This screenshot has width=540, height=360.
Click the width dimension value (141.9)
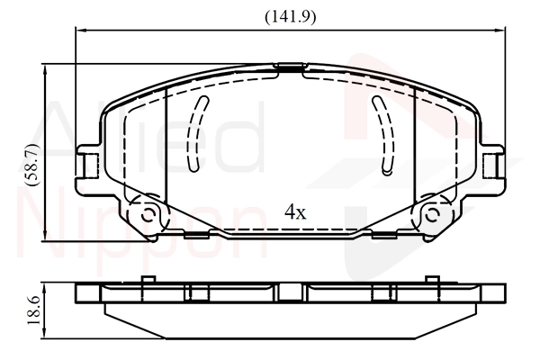[291, 16]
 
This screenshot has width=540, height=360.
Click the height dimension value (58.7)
[33, 165]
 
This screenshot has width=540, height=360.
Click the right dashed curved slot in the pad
[383, 134]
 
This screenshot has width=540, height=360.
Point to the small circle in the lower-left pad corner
[148, 216]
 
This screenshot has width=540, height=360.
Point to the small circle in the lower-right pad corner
[431, 216]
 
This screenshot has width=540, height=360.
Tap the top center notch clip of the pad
[290, 67]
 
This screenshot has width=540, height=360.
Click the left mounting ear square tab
[91, 166]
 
